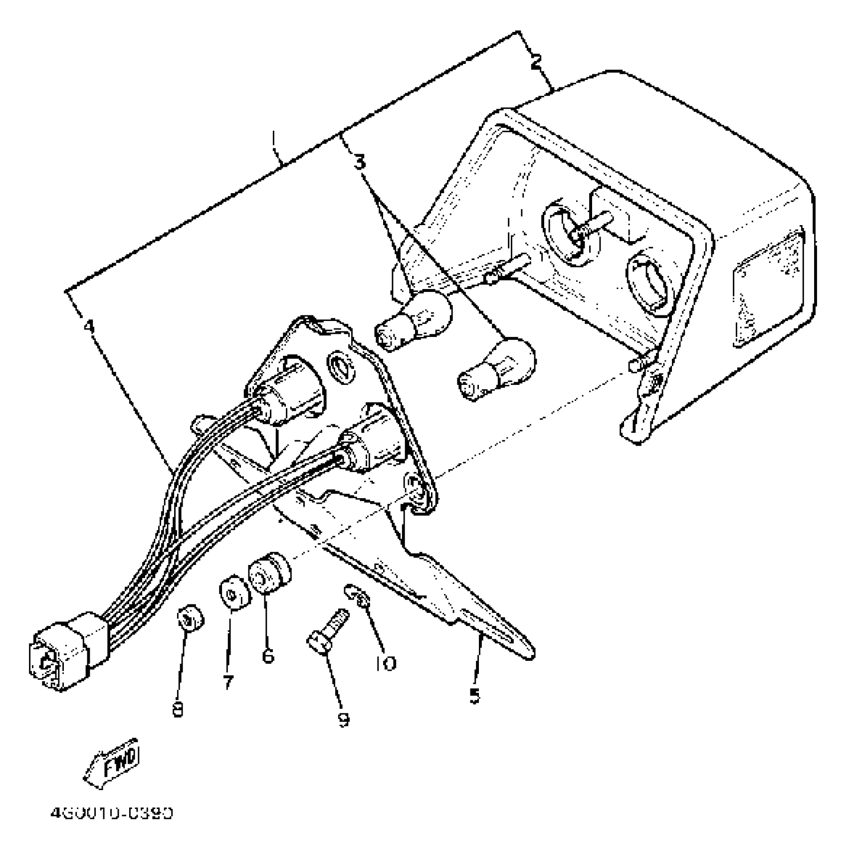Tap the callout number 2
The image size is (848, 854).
pyautogui.click(x=535, y=63)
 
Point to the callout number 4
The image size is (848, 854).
pyautogui.click(x=88, y=327)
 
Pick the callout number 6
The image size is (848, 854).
pyautogui.click(x=268, y=655)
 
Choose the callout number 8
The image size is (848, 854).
pyautogui.click(x=178, y=709)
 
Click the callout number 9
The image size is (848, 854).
pyautogui.click(x=343, y=719)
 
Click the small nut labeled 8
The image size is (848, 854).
pyautogui.click(x=191, y=619)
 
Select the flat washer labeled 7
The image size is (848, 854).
pyautogui.click(x=234, y=593)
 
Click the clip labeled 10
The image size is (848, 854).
pyautogui.click(x=358, y=595)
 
